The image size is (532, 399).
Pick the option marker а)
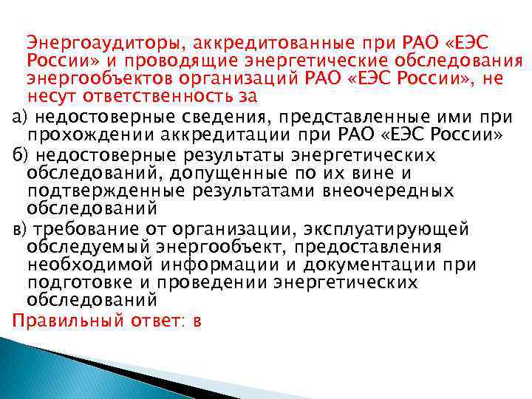pyautogui.click(x=21, y=116)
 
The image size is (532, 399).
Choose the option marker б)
pyautogui.click(x=21, y=154)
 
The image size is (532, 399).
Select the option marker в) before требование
pyautogui.click(x=21, y=229)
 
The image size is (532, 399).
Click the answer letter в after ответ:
pyautogui.click(x=197, y=321)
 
